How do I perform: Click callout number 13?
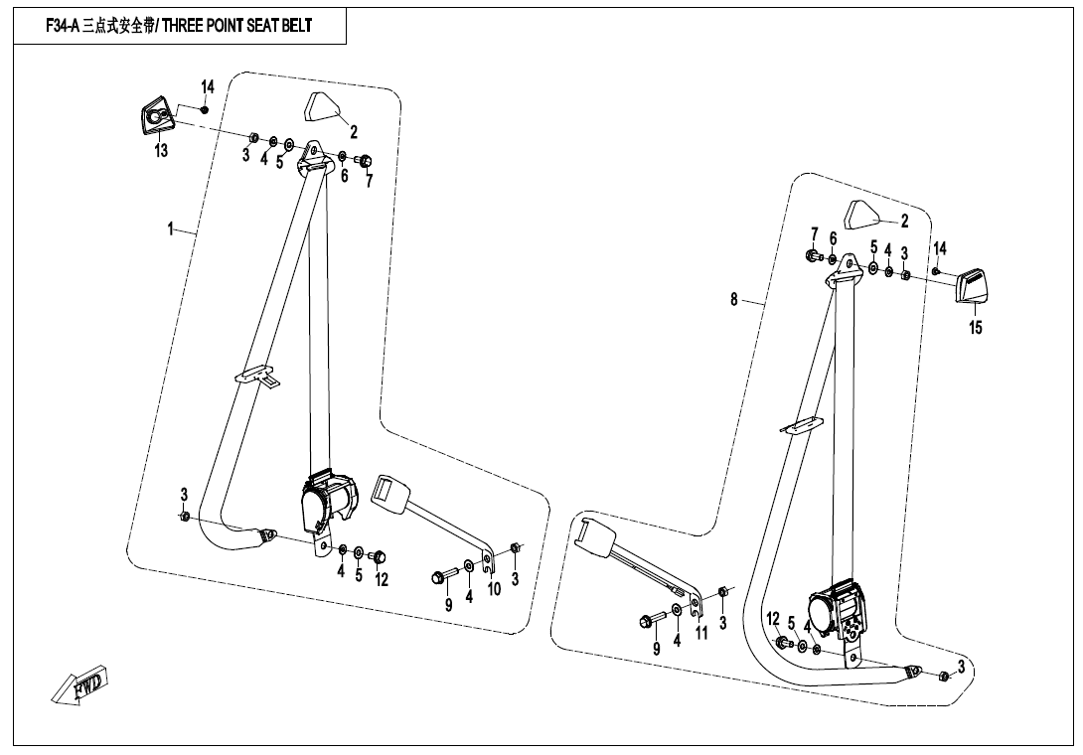pos(161,151)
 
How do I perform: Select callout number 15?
pos(976,328)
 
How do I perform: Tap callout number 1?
pos(171,229)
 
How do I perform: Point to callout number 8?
pos(734,299)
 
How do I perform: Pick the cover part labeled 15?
pos(973,288)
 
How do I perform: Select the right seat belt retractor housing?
pos(840,610)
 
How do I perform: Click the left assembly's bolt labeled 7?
pos(365,161)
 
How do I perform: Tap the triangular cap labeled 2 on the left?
pos(323,106)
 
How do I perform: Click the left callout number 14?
pos(208,87)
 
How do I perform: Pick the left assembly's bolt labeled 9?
pos(440,576)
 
